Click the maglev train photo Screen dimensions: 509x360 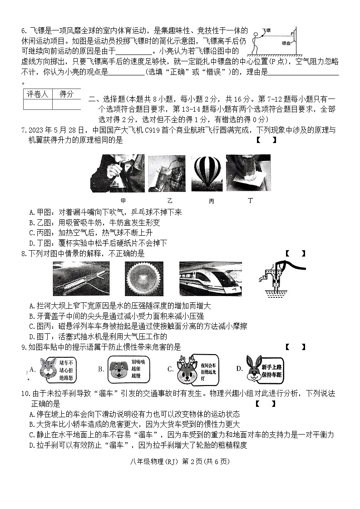(x=210, y=279)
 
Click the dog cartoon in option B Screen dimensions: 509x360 (x=118, y=370)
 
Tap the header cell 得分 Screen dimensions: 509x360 (x=66, y=94)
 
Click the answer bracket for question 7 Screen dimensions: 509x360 (x=266, y=140)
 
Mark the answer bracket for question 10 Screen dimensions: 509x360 (x=265, y=403)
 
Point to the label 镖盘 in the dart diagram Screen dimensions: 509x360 (x=286, y=44)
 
